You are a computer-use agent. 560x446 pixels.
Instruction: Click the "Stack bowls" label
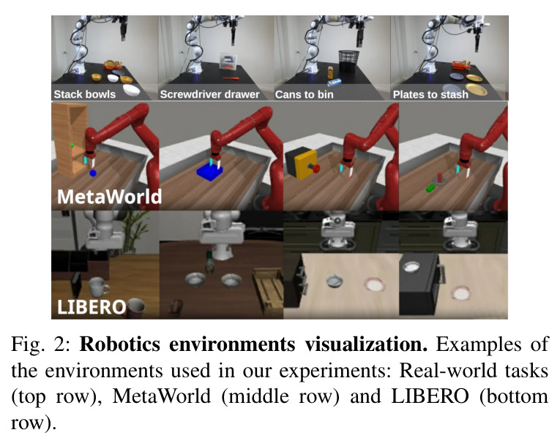(x=85, y=94)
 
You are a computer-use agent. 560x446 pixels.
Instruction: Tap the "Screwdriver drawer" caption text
(x=209, y=94)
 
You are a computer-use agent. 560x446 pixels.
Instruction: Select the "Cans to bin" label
(x=305, y=94)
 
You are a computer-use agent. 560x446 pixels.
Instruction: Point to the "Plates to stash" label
(x=430, y=94)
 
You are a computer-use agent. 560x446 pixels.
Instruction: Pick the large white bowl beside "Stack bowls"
(x=132, y=90)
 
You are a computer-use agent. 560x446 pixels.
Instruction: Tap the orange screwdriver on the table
(x=231, y=78)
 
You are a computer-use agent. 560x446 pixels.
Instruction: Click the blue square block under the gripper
(x=209, y=172)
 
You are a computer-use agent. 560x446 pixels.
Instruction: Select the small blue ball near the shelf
(x=93, y=173)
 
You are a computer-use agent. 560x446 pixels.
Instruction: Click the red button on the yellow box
(x=316, y=168)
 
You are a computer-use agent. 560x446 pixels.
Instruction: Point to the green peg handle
(x=430, y=187)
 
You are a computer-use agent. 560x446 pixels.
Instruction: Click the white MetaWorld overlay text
(x=109, y=197)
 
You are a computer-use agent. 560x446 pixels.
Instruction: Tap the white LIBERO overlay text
(x=92, y=307)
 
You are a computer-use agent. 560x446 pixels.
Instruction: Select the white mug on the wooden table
(x=98, y=287)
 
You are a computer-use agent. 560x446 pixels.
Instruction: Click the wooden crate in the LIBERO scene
(x=268, y=290)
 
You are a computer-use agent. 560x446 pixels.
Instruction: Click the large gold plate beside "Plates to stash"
(x=477, y=89)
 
